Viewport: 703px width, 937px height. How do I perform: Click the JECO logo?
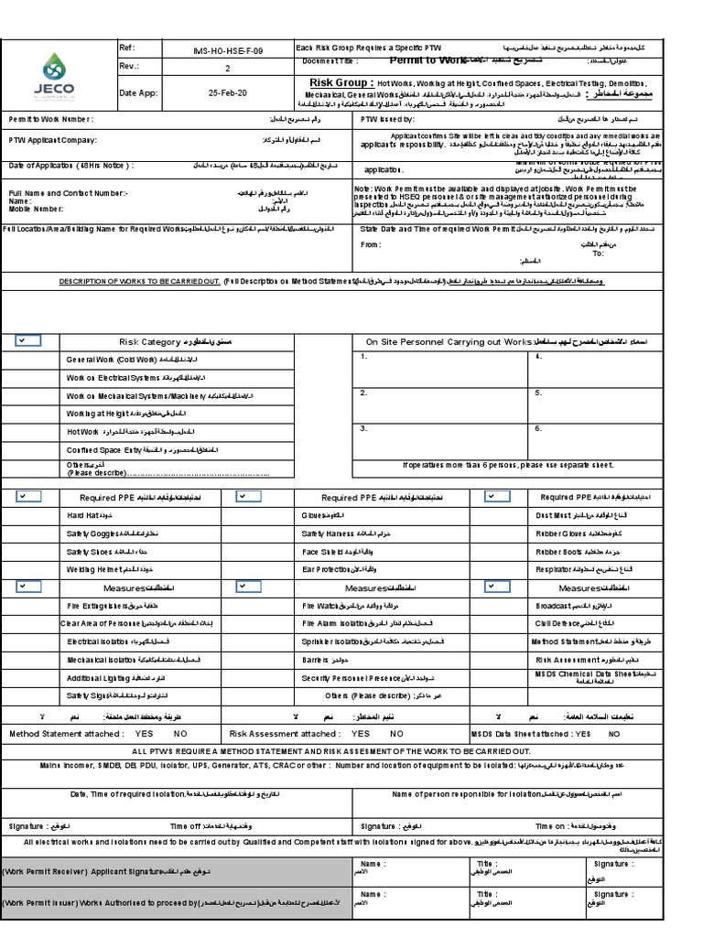click(57, 75)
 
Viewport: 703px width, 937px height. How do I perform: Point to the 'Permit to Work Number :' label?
click(51, 119)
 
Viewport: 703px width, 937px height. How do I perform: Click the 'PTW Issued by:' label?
click(388, 119)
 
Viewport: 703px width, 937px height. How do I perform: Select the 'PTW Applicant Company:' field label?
click(53, 141)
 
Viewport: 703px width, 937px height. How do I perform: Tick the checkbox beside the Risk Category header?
click(27, 340)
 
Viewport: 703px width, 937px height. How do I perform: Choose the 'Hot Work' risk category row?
click(82, 431)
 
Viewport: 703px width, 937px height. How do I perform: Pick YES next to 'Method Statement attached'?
click(144, 733)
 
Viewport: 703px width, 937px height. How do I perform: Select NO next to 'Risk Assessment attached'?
click(396, 733)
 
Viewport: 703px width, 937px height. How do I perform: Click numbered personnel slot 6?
click(538, 427)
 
